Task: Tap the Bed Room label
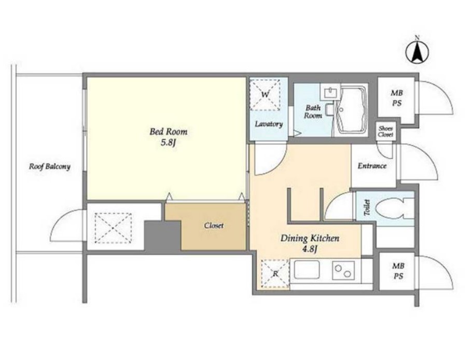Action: pos(168,132)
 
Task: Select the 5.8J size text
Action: pos(168,143)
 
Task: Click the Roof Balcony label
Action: pos(50,167)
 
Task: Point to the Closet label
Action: pos(214,225)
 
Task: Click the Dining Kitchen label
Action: pos(310,238)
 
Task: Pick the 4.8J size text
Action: pos(310,249)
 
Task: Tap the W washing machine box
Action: pos(265,94)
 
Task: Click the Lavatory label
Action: pos(269,124)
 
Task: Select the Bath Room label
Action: pos(313,112)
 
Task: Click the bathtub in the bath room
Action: pos(352,110)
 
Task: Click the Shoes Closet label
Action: pos(385,131)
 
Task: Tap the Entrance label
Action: pos(372,165)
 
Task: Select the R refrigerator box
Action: pos(275,273)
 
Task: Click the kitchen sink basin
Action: pos(307,270)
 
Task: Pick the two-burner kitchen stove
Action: pos(343,270)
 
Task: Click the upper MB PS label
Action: pos(396,98)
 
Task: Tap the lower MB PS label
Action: pos(398,271)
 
